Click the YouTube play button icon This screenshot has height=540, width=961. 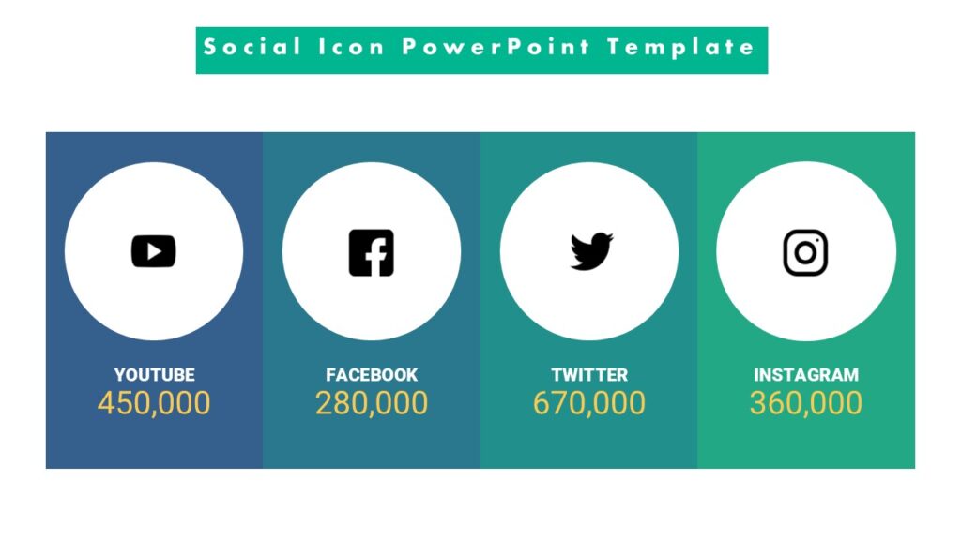(x=154, y=251)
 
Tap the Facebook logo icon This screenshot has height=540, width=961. (x=372, y=252)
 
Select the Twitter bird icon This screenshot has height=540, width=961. (x=590, y=251)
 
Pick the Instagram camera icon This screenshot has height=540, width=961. (x=805, y=252)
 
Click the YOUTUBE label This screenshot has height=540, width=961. (x=155, y=375)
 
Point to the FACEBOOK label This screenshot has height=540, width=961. (x=372, y=375)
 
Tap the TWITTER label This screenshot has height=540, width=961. (x=589, y=375)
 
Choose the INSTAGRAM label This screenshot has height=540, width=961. (x=806, y=375)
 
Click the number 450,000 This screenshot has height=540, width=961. (x=154, y=403)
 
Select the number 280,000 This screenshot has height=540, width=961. (x=372, y=403)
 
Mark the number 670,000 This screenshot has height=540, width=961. (x=589, y=403)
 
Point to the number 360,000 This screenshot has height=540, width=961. (x=806, y=403)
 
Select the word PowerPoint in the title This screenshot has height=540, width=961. (x=496, y=47)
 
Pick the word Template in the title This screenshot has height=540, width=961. (x=680, y=47)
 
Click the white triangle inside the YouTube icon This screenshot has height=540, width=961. (x=156, y=251)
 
